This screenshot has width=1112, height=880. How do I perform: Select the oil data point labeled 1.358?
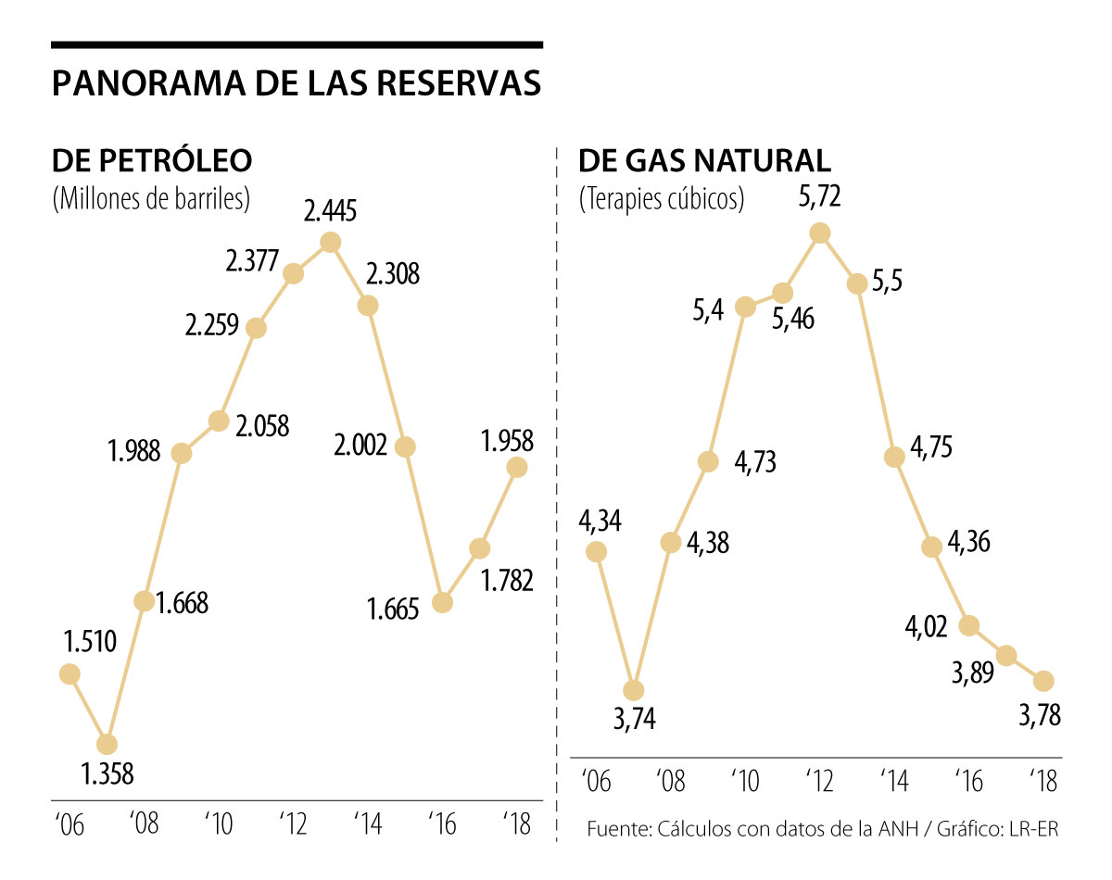pyautogui.click(x=107, y=744)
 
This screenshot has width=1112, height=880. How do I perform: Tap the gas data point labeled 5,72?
pyautogui.click(x=819, y=233)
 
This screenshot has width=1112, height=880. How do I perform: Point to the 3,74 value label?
pyautogui.click(x=634, y=718)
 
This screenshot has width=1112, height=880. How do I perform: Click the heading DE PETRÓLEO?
pyautogui.click(x=152, y=160)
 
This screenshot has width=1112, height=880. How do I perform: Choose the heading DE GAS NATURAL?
pyautogui.click(x=705, y=160)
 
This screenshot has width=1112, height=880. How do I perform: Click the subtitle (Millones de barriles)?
pyautogui.click(x=152, y=199)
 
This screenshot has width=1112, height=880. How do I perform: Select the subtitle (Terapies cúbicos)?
pyautogui.click(x=662, y=199)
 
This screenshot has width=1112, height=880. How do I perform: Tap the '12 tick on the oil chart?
pyautogui.click(x=295, y=823)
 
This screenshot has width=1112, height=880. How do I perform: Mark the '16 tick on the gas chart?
pyautogui.click(x=968, y=780)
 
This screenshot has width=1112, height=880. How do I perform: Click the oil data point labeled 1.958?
pyautogui.click(x=516, y=468)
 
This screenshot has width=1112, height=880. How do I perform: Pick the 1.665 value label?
pyautogui.click(x=392, y=608)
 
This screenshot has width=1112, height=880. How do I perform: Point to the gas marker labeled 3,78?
pyautogui.click(x=1043, y=681)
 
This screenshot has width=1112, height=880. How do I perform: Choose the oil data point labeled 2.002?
pyautogui.click(x=405, y=446)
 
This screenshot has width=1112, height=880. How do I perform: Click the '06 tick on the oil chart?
pyautogui.click(x=70, y=823)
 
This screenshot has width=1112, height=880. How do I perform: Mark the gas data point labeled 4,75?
pyautogui.click(x=894, y=457)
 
